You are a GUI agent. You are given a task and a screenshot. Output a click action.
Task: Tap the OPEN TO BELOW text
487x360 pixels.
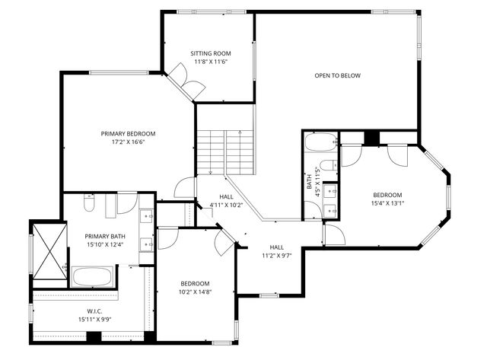click(337, 75)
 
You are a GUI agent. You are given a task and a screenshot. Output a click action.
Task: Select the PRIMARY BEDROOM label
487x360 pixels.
click(128, 133)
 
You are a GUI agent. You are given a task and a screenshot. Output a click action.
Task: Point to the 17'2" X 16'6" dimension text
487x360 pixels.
click(128, 142)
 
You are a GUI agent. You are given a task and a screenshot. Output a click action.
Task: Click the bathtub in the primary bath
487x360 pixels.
click(92, 276)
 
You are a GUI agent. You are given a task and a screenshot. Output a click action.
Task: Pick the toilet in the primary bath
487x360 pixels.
click(89, 203)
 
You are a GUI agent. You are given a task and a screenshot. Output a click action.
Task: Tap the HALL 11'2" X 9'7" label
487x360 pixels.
click(277, 251)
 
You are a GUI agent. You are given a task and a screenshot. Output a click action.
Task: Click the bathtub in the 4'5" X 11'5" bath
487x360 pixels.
click(320, 142)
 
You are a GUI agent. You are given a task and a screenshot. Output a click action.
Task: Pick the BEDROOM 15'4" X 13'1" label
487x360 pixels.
click(387, 199)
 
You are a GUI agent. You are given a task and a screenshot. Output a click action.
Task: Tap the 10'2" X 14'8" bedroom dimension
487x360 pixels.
click(196, 291)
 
